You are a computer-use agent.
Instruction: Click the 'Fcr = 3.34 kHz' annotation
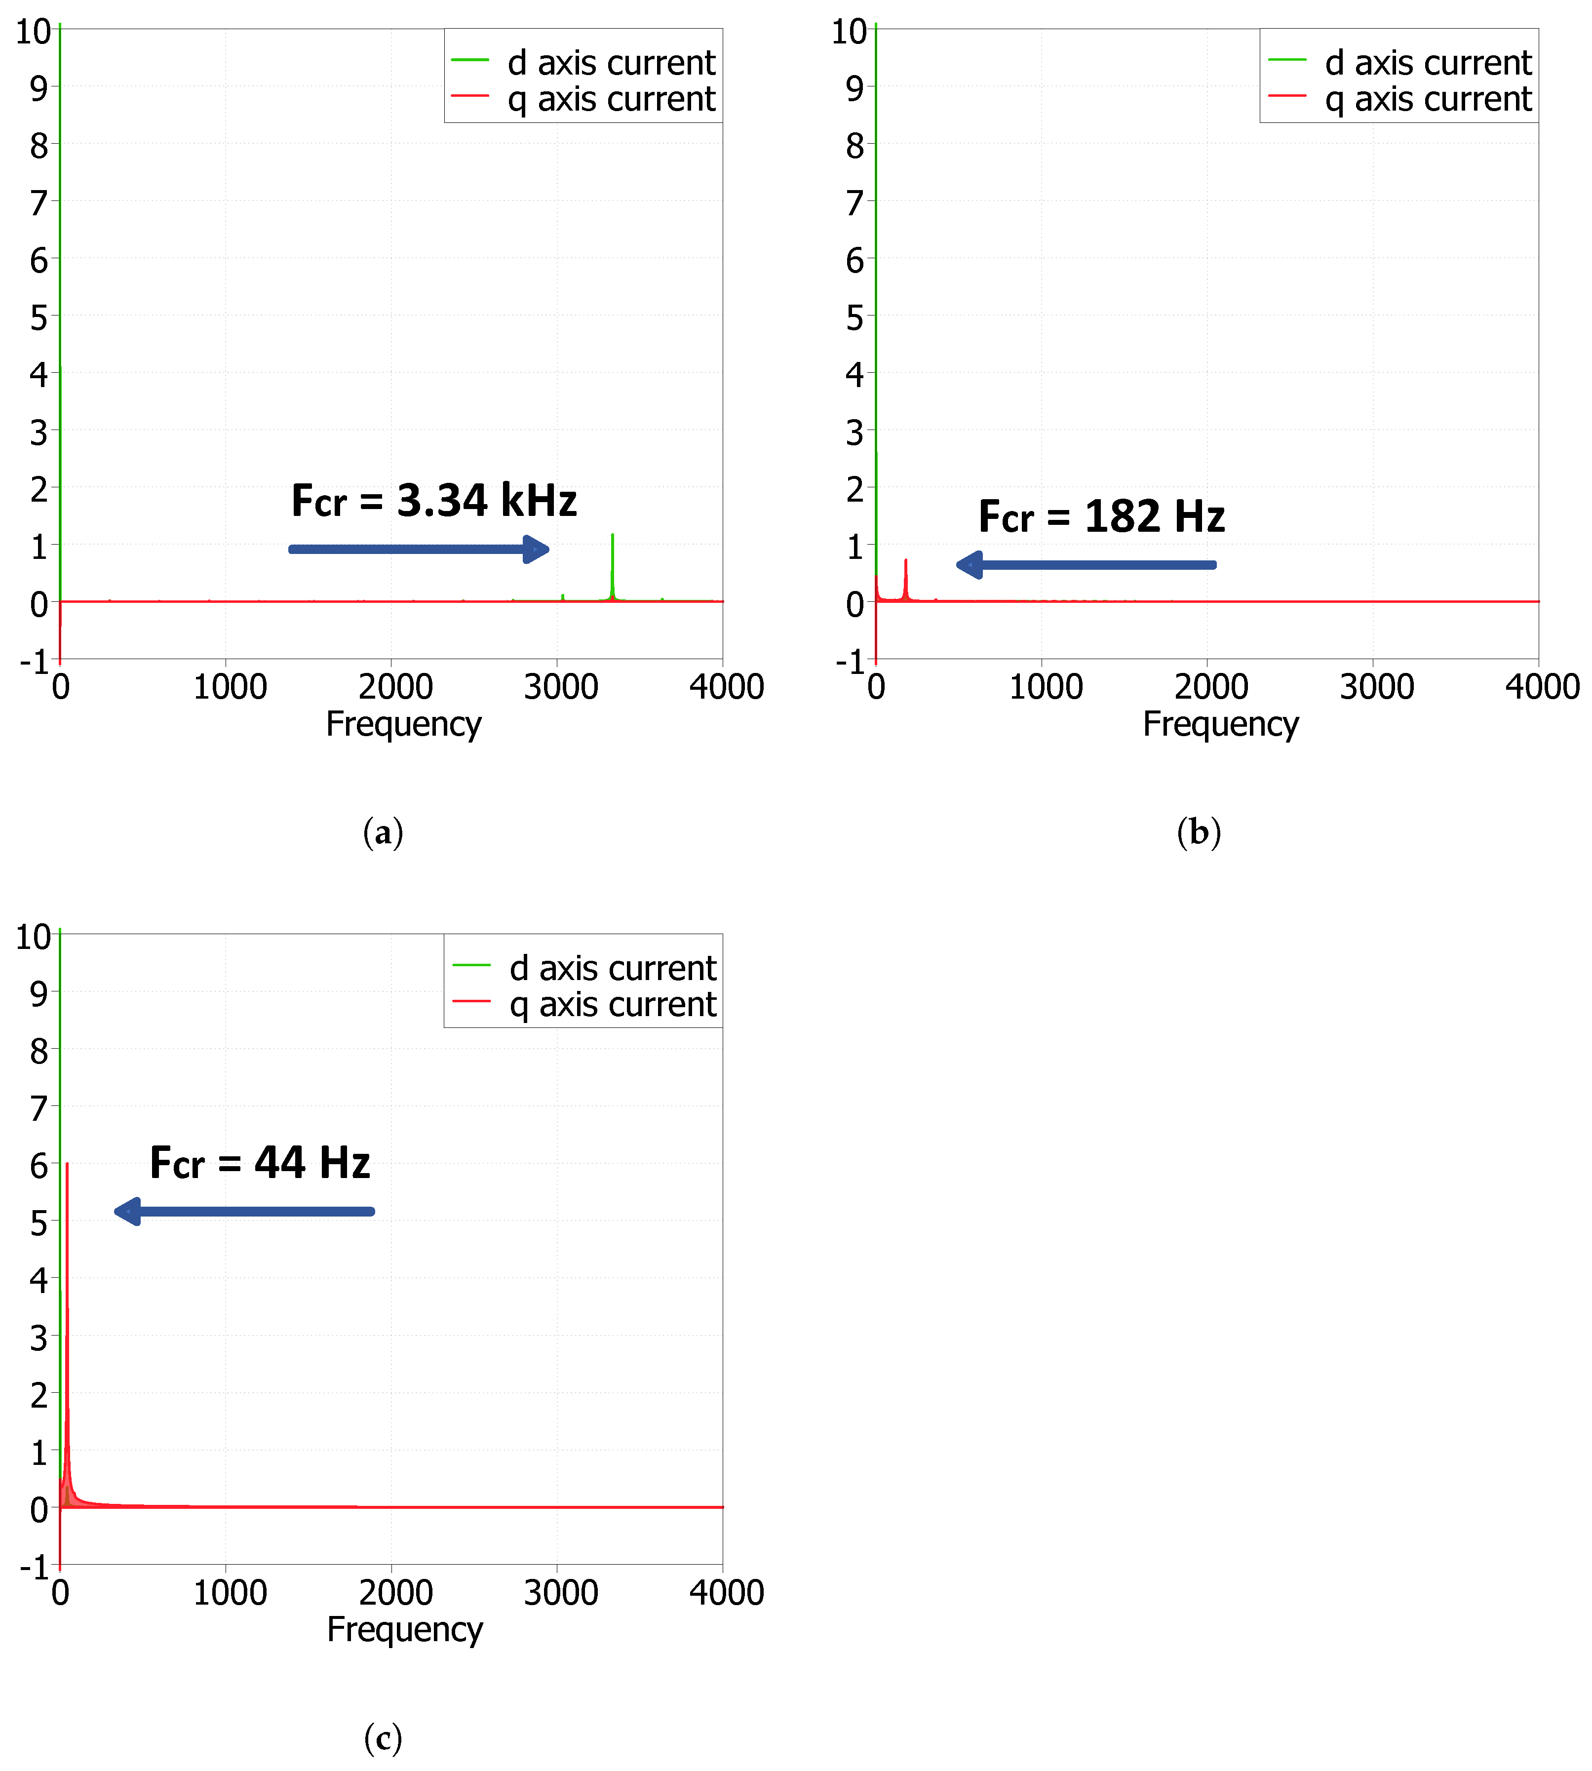434,501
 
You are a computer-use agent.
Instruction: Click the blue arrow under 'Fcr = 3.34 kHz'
418,550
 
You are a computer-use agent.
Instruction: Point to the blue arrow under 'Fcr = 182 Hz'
1086,564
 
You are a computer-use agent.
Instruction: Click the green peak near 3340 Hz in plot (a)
612,536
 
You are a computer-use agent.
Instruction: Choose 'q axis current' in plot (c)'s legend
612,1005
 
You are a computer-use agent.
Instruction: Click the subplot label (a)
383,831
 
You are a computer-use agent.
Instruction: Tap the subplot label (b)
1199,831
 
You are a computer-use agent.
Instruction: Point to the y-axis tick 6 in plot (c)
39,1166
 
